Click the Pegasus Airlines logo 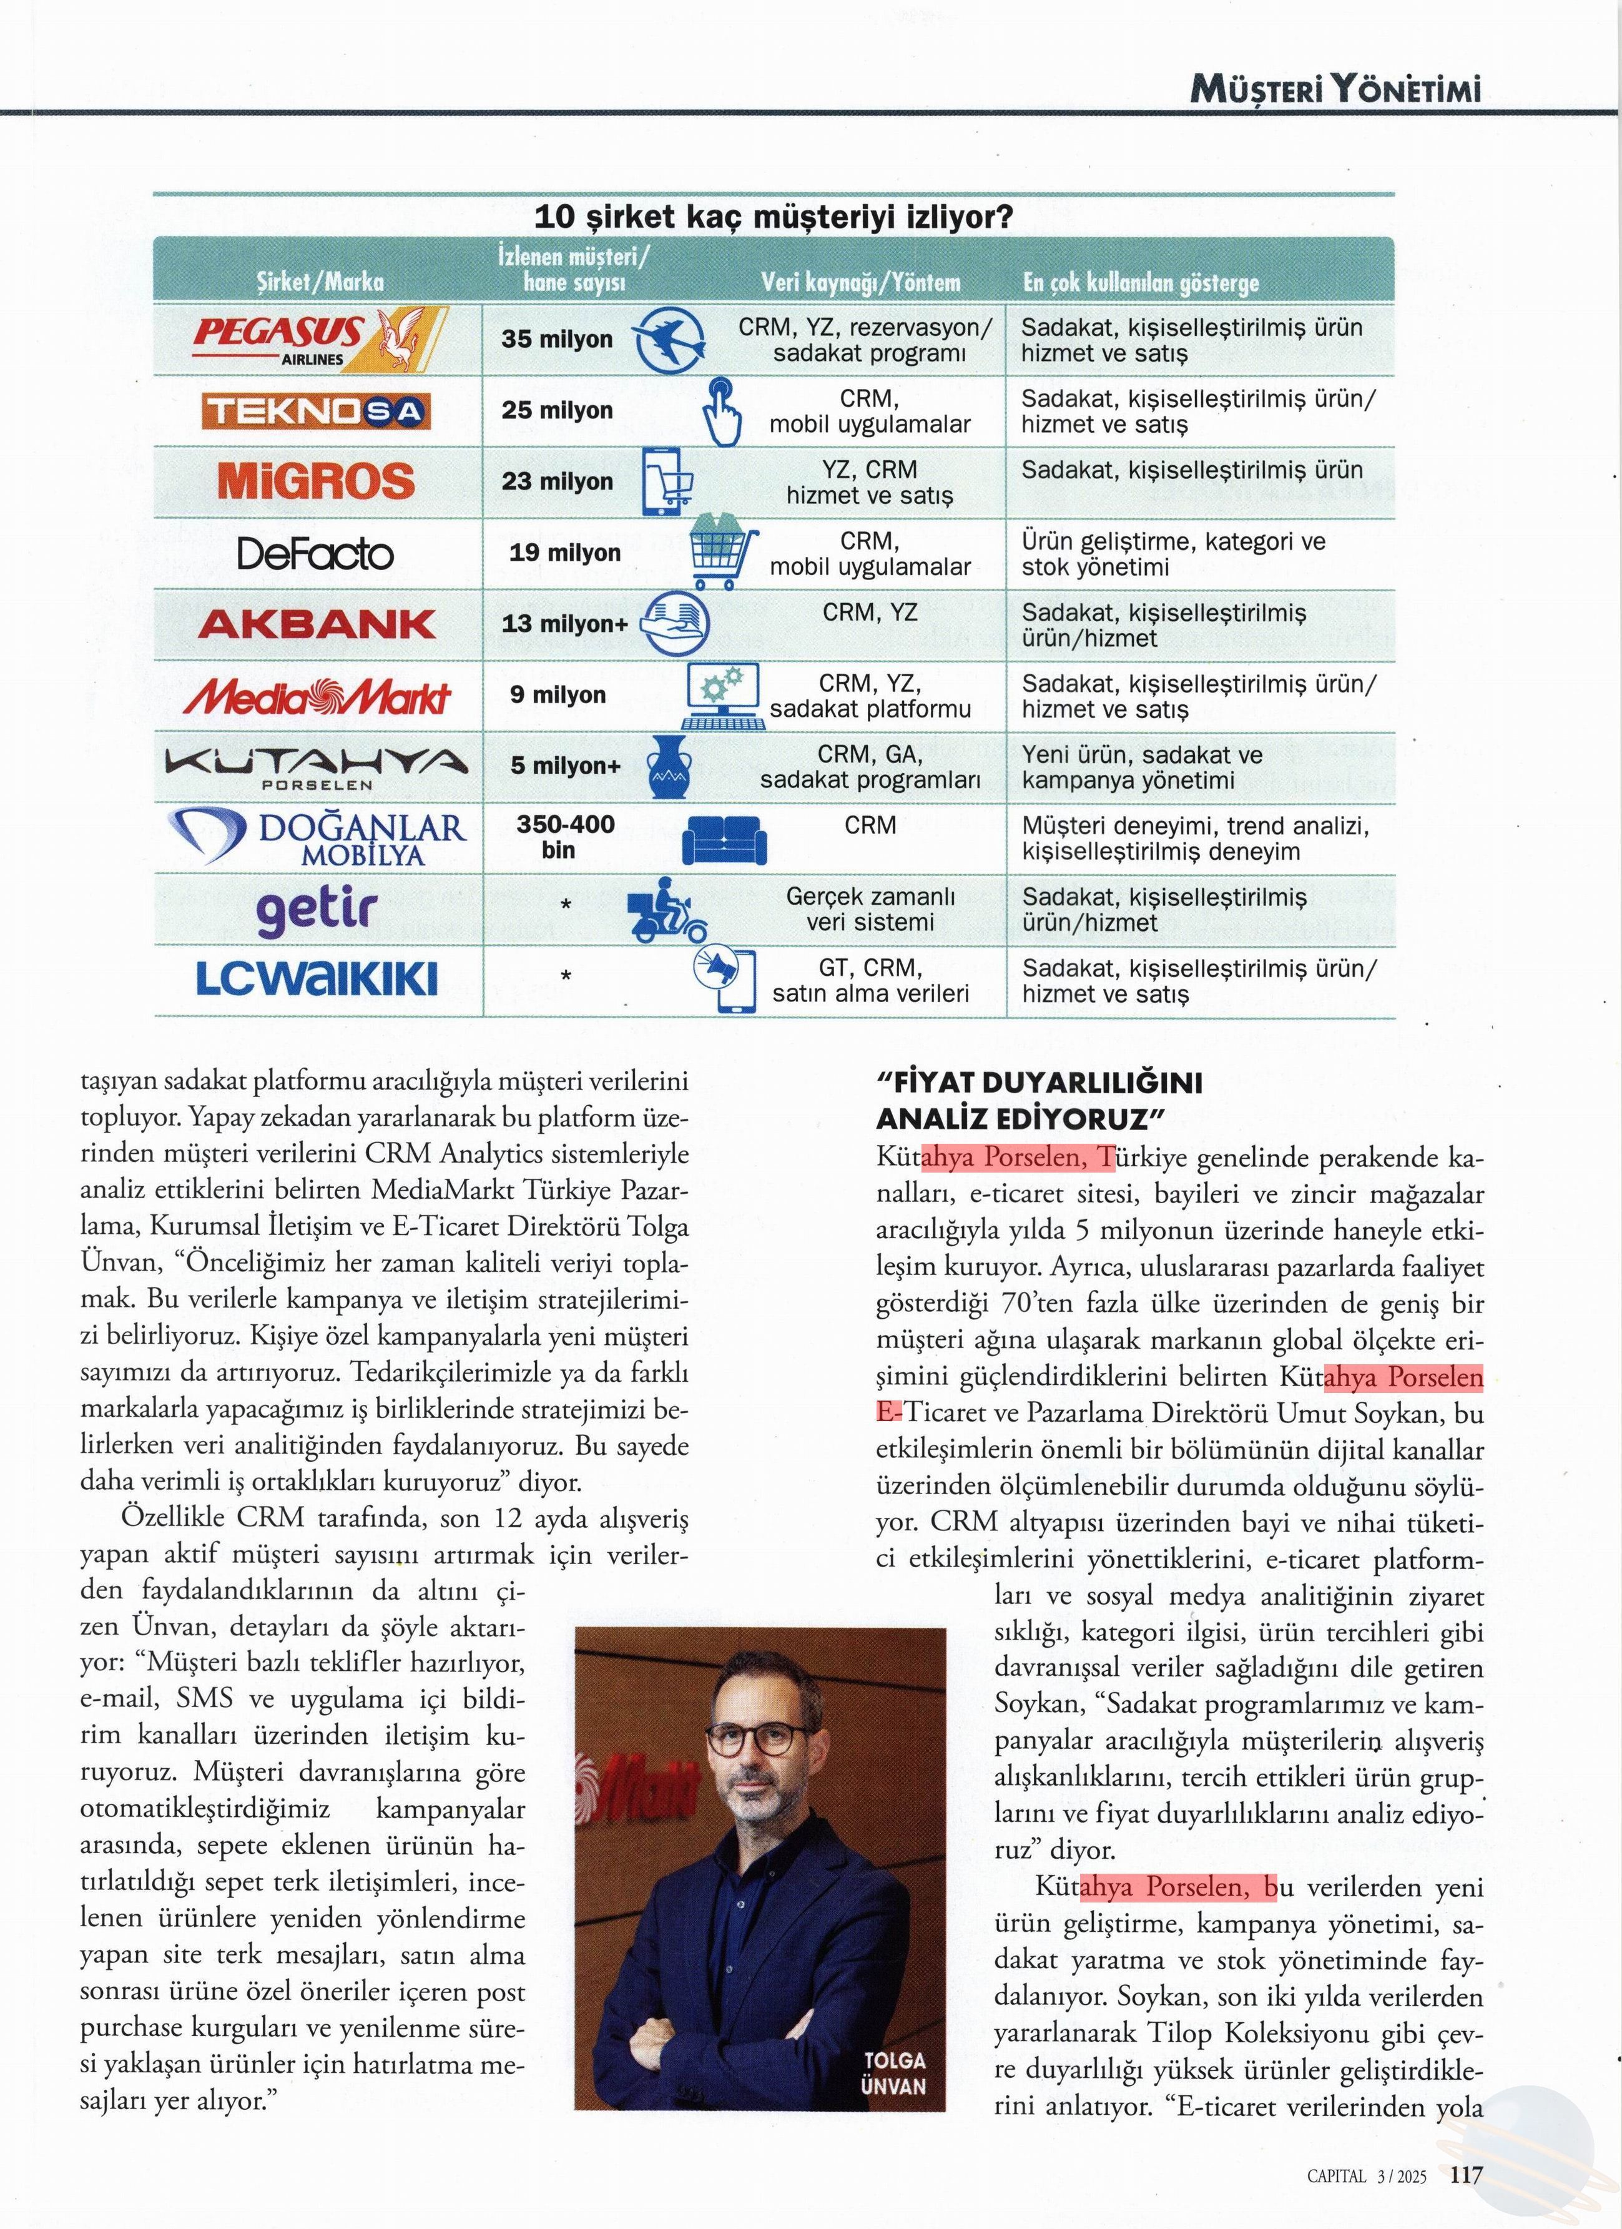[x=318, y=339]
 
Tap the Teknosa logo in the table [x=317, y=411]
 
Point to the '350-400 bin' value [x=564, y=837]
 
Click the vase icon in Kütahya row [x=669, y=767]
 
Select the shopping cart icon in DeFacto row [x=724, y=553]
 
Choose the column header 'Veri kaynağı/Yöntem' [x=860, y=283]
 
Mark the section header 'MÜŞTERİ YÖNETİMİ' [x=1335, y=91]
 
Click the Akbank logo [x=317, y=624]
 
